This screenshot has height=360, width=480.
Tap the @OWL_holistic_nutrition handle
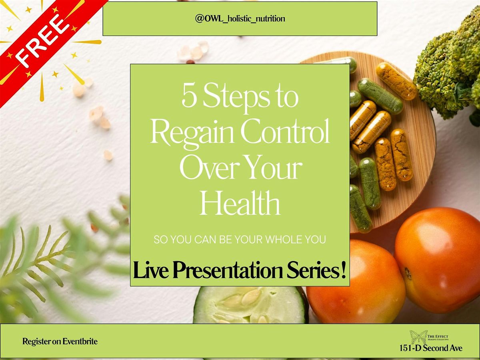tap(240, 19)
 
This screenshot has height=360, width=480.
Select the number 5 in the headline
tap(189, 97)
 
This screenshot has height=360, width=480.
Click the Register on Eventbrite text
tap(60, 342)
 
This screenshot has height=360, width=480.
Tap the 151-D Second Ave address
tap(430, 348)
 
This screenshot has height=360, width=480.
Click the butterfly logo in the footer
tap(418, 336)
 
